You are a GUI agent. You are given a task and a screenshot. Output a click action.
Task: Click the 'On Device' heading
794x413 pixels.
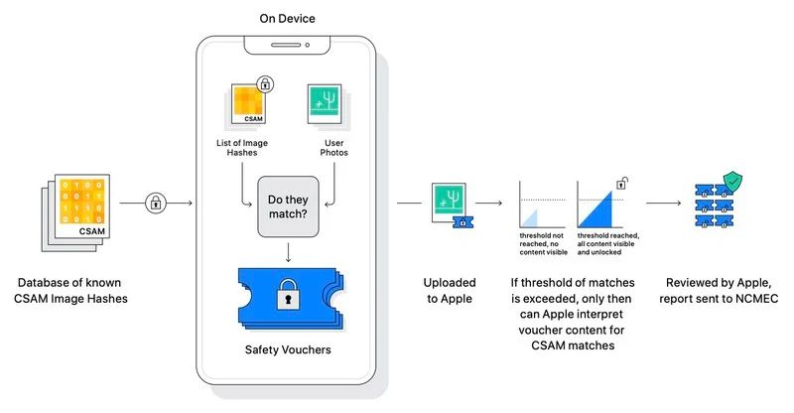(287, 18)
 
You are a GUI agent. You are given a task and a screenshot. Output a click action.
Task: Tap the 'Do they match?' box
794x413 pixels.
(288, 206)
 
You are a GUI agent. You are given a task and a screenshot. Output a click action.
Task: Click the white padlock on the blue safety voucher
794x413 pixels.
(288, 295)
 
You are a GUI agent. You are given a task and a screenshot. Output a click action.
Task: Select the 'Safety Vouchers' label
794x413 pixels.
(288, 349)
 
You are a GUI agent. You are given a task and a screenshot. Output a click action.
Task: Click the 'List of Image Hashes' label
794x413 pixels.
(242, 148)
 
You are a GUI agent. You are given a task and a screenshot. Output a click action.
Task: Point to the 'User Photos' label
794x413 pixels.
(333, 148)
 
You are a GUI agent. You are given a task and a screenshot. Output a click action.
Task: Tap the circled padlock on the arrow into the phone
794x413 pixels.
(156, 203)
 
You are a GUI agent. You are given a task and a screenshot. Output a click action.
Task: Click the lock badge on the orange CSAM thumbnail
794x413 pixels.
(265, 83)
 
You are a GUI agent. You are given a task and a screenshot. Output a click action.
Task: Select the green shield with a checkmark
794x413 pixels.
(732, 182)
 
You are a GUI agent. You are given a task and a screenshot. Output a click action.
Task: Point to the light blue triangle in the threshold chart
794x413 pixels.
(530, 218)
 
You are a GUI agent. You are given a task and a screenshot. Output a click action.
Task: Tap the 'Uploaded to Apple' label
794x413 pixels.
(450, 290)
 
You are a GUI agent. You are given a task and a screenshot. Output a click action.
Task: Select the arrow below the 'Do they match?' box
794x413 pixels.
(288, 252)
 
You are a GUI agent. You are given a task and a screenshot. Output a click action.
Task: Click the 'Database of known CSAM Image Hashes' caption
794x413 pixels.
(70, 290)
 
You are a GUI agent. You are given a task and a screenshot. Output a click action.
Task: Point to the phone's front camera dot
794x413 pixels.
(307, 45)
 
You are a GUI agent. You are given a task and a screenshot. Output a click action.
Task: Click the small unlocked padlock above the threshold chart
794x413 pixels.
(622, 183)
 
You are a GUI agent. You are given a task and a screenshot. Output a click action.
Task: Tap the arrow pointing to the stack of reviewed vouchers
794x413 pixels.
(663, 203)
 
